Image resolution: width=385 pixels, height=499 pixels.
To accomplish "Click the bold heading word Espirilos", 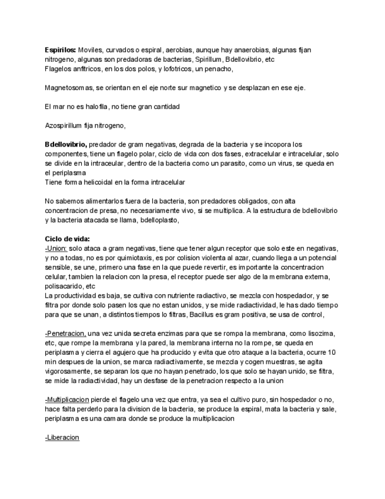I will [61, 50].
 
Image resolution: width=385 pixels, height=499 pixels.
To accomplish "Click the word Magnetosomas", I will [69, 88].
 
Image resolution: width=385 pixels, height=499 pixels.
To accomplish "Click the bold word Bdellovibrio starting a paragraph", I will [66, 144].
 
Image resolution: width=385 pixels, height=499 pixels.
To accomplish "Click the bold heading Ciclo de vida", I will [67, 239].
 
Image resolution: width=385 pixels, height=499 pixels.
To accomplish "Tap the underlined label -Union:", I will [56, 248].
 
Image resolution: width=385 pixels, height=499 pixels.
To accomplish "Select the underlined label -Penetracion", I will [65, 334].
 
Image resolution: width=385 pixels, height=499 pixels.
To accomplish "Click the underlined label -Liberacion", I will [62, 438].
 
